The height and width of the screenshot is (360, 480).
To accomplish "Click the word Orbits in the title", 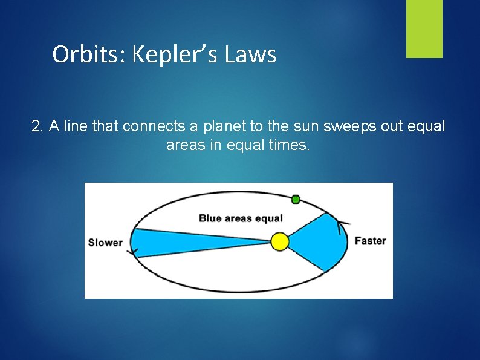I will click(x=88, y=54).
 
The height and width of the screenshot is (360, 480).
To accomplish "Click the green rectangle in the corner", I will click(x=424, y=28).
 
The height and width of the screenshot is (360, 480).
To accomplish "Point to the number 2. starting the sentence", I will click(x=38, y=126).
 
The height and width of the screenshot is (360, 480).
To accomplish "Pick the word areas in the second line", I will click(x=183, y=145).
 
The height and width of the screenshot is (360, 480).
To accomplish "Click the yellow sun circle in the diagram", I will click(x=279, y=241).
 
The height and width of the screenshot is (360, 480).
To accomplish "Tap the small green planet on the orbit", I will click(x=296, y=199).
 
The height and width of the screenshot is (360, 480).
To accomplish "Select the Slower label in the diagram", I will click(x=105, y=243).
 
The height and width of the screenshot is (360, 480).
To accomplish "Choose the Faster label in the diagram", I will click(x=370, y=241).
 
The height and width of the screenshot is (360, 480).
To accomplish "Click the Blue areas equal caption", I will click(x=241, y=218).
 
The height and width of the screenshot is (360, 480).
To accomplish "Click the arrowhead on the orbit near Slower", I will click(x=132, y=252).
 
